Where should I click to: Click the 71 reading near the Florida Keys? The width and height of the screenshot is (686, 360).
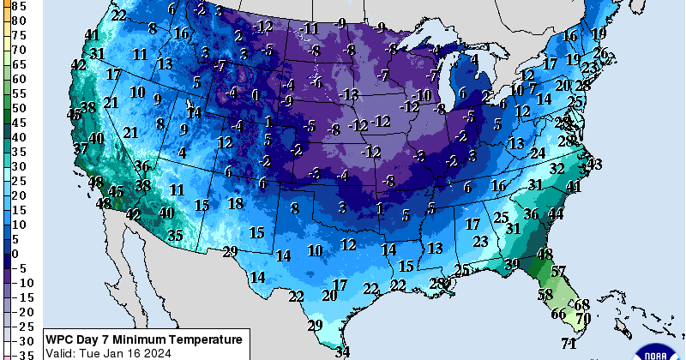click(x=568, y=344)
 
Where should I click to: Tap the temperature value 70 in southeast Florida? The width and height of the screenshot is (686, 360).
click(x=584, y=318)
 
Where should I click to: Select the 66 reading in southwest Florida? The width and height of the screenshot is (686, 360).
click(x=558, y=314)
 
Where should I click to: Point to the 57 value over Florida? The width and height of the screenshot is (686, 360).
click(x=558, y=272)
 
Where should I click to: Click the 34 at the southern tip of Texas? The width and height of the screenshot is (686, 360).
click(x=343, y=351)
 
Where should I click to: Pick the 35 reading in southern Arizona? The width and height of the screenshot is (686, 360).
click(x=175, y=234)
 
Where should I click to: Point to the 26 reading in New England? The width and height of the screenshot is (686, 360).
click(x=601, y=54)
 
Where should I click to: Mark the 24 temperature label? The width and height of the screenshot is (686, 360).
click(x=538, y=153)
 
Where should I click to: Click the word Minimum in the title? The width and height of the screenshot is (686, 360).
click(x=144, y=339)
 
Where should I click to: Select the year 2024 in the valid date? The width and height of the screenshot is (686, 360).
click(x=155, y=352)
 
